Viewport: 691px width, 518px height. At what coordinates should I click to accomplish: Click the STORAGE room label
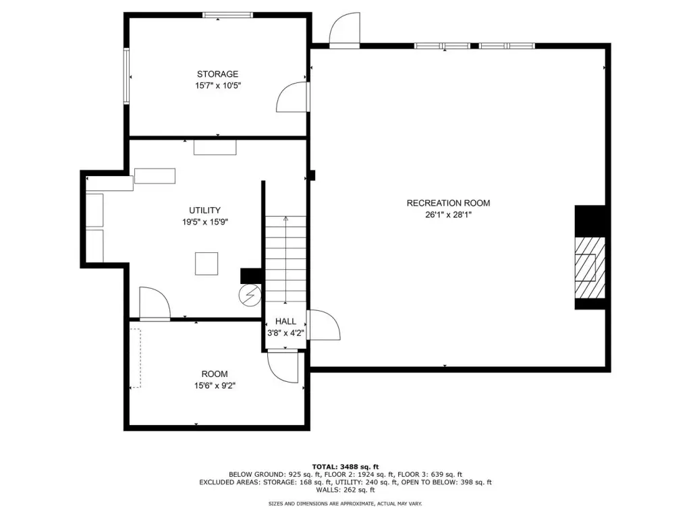(x=217, y=74)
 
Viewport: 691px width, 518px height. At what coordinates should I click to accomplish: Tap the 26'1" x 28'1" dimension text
(x=448, y=215)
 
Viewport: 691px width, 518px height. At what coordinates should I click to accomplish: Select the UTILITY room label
(x=205, y=210)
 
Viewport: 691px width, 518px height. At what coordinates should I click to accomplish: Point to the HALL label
(x=285, y=322)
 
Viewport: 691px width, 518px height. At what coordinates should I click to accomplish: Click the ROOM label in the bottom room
(x=215, y=374)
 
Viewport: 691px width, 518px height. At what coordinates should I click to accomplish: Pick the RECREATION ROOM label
(x=448, y=203)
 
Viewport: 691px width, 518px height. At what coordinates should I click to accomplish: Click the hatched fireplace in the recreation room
(x=590, y=267)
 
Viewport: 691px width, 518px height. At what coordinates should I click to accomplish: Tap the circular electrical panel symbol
(x=250, y=295)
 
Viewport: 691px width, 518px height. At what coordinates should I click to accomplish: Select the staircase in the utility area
(x=285, y=260)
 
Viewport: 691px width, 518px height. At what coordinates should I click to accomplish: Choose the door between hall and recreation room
(x=323, y=325)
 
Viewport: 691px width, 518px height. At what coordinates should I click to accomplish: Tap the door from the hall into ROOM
(x=283, y=366)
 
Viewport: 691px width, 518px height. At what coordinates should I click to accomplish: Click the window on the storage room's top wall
(x=228, y=15)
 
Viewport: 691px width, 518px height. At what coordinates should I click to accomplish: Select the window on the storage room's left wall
(x=126, y=76)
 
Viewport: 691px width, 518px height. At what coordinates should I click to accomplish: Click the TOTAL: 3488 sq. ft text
(x=345, y=467)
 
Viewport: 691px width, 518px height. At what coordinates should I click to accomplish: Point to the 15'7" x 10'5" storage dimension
(x=218, y=86)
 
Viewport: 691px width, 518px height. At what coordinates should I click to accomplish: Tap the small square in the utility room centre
(x=206, y=264)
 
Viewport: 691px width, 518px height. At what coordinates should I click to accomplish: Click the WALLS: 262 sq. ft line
(x=345, y=490)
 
